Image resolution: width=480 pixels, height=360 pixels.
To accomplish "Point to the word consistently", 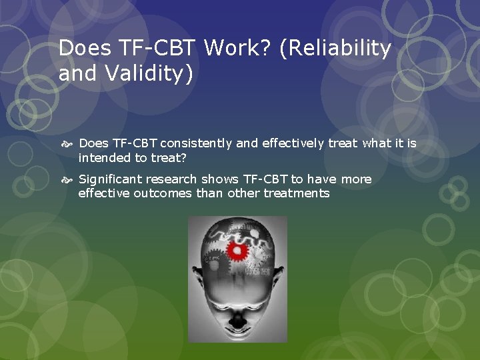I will (194, 143).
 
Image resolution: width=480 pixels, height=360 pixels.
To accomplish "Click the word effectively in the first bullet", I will (289, 143).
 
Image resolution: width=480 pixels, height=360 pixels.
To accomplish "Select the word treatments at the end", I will (297, 193).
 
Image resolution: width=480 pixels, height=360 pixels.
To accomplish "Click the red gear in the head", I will (237, 251).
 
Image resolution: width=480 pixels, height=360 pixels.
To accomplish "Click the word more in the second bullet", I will (357, 179).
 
